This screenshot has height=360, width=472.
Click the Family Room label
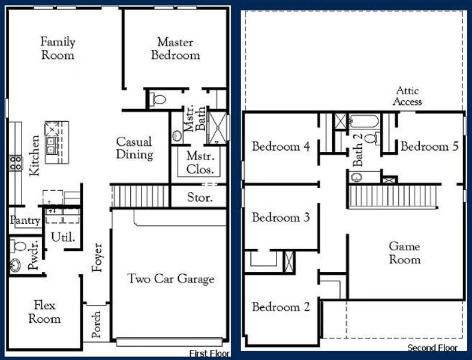(x=58, y=48)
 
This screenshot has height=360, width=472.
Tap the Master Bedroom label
(x=176, y=49)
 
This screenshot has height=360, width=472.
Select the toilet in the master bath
(x=158, y=99)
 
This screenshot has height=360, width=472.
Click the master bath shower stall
(x=217, y=128)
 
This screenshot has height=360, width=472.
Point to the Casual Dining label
(x=134, y=148)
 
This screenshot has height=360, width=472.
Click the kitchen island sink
(x=52, y=145)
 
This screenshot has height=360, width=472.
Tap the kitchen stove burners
(x=16, y=163)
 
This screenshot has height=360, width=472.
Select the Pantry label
(x=25, y=220)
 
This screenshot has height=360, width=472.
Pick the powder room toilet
(x=18, y=246)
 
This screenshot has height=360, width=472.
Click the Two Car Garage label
(x=171, y=278)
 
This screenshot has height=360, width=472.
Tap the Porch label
(x=97, y=324)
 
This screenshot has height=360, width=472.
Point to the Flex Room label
(x=44, y=312)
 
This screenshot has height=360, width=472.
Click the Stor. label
(x=200, y=197)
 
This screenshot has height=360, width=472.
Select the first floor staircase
(x=140, y=196)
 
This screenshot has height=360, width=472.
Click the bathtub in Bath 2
(x=364, y=121)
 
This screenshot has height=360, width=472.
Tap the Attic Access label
(x=407, y=96)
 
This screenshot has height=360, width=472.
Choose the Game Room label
(x=405, y=253)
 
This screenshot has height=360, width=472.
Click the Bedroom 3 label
(x=281, y=217)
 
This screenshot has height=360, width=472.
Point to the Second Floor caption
(x=432, y=347)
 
